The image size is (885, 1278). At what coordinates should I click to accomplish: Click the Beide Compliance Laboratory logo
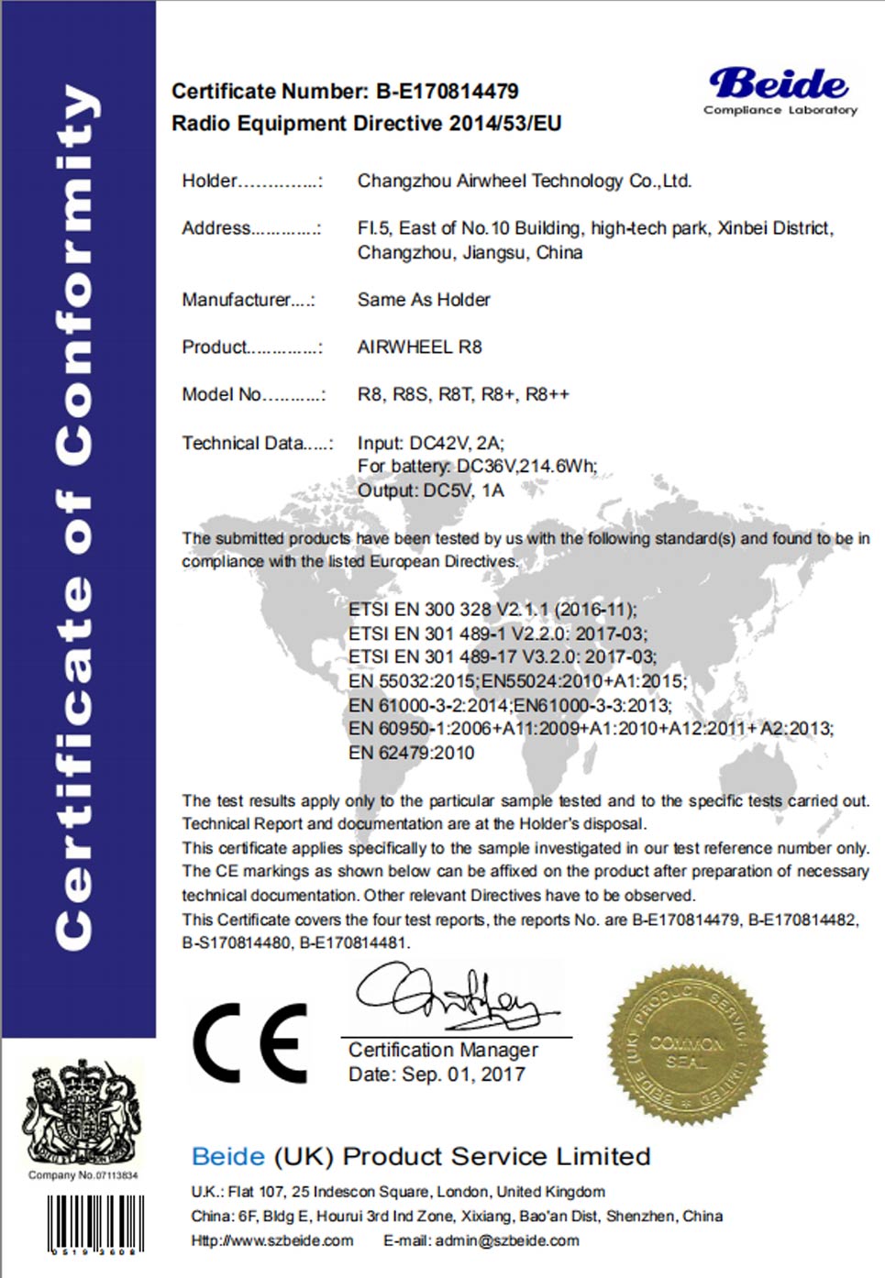(x=780, y=90)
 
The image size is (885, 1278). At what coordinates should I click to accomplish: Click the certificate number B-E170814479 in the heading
(x=448, y=92)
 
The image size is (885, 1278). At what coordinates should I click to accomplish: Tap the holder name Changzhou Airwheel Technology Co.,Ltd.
(x=524, y=181)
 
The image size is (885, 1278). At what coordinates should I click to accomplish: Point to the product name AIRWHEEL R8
(x=419, y=347)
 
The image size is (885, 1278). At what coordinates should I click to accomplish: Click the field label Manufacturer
(x=237, y=300)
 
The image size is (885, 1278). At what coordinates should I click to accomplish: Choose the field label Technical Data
(x=243, y=443)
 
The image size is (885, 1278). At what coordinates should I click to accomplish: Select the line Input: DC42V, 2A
(x=430, y=443)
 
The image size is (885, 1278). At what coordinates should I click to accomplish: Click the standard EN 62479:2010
(x=411, y=753)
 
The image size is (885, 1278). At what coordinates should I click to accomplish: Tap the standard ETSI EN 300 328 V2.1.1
(x=492, y=609)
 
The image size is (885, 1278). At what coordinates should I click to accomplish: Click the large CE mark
(x=249, y=1042)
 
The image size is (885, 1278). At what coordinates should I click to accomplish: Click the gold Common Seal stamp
(x=687, y=1044)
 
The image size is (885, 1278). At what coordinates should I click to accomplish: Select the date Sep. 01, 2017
(x=463, y=1074)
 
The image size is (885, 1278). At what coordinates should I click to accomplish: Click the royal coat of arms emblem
(x=82, y=1113)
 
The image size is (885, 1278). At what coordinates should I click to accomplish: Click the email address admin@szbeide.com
(x=506, y=1240)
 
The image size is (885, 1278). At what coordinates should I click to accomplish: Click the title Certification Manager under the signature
(x=443, y=1050)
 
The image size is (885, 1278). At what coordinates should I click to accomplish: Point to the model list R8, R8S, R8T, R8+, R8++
(x=463, y=394)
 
